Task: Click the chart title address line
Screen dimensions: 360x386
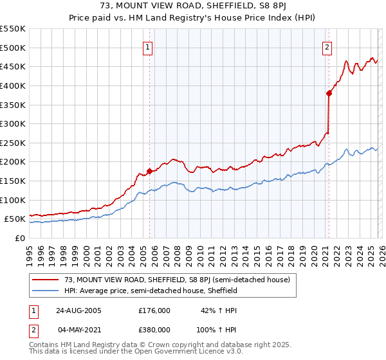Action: (x=193, y=6)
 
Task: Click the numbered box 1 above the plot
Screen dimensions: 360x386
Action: (x=148, y=46)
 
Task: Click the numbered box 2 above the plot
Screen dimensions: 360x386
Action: (x=327, y=46)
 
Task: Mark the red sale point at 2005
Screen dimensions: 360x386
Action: (x=149, y=171)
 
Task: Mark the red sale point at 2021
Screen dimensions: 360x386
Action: (x=329, y=93)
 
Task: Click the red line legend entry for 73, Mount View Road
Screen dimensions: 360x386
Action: (x=178, y=280)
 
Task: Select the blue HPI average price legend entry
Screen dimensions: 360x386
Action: (x=151, y=291)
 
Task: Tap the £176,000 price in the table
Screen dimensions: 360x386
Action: (x=154, y=310)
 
